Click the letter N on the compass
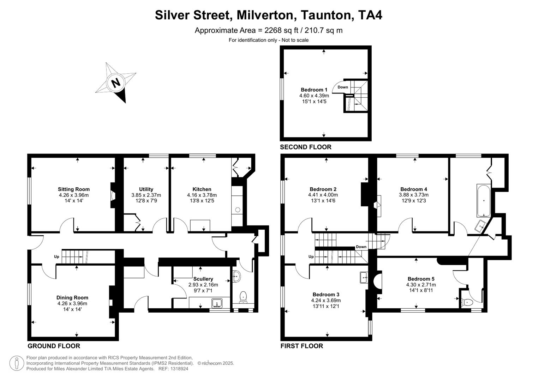point(115,83)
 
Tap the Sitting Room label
point(74,189)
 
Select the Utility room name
point(146,189)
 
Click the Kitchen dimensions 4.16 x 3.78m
point(202,195)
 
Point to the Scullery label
point(203,279)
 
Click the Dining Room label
point(72,297)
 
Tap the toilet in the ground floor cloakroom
point(243,296)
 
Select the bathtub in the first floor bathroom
point(483,200)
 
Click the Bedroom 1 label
point(314,90)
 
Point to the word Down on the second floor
point(343,87)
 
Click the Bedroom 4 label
point(414,189)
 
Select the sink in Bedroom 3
point(364,278)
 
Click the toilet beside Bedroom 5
point(467,302)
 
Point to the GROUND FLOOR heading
point(54,346)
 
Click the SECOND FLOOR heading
point(306,147)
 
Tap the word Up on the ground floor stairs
point(56,256)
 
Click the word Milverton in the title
point(265,15)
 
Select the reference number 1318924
point(178,369)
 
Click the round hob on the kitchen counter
point(238,210)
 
